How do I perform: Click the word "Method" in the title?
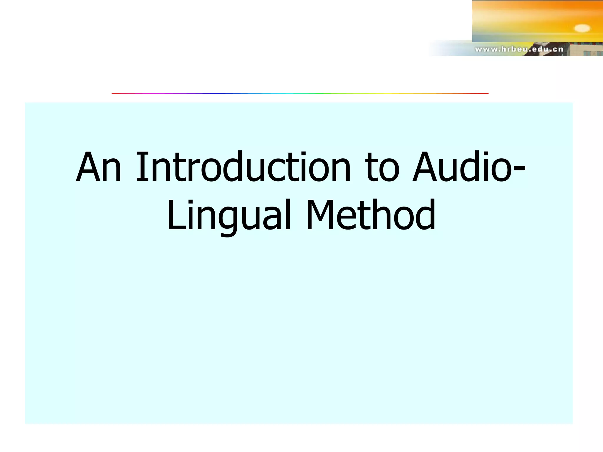coord(371,215)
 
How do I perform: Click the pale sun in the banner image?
coord(582,28)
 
